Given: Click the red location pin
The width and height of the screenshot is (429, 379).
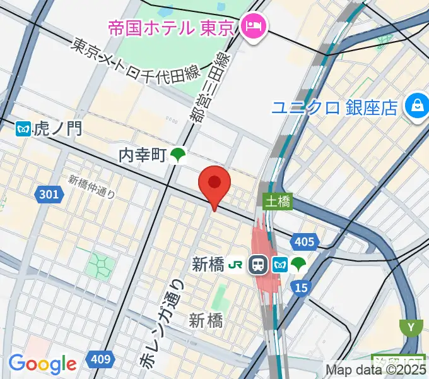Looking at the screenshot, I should (x=214, y=183).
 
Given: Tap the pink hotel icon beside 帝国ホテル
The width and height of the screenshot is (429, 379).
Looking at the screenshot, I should (x=256, y=27).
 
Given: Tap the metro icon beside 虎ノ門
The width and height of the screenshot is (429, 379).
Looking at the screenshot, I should (x=24, y=129).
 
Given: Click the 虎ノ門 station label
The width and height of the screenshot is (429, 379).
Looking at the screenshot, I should (x=58, y=129).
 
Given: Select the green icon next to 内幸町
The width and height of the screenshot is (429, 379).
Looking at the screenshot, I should (x=179, y=155).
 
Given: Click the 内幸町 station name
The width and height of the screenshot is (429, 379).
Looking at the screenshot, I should (x=144, y=154).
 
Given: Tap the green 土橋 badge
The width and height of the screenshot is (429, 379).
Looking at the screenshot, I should (x=277, y=202).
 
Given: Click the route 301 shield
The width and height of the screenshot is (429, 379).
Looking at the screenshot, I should (x=50, y=194).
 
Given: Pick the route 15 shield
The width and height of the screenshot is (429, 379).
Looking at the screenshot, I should (x=302, y=288).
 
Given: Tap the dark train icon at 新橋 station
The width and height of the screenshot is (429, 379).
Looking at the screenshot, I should (x=258, y=265).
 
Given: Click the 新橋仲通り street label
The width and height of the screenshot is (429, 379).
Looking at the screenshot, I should (x=92, y=186).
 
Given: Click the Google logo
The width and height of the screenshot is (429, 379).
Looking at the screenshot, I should (x=42, y=364).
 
